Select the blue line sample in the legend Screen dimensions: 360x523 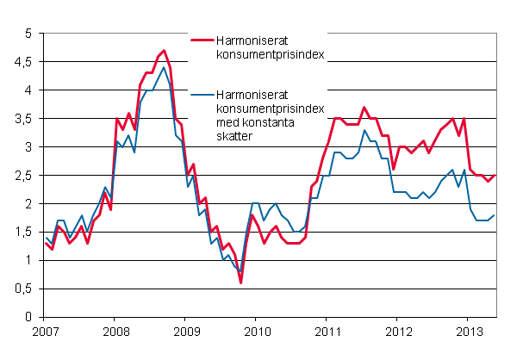pos(202,95)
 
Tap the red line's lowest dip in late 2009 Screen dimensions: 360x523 pos(240,282)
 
